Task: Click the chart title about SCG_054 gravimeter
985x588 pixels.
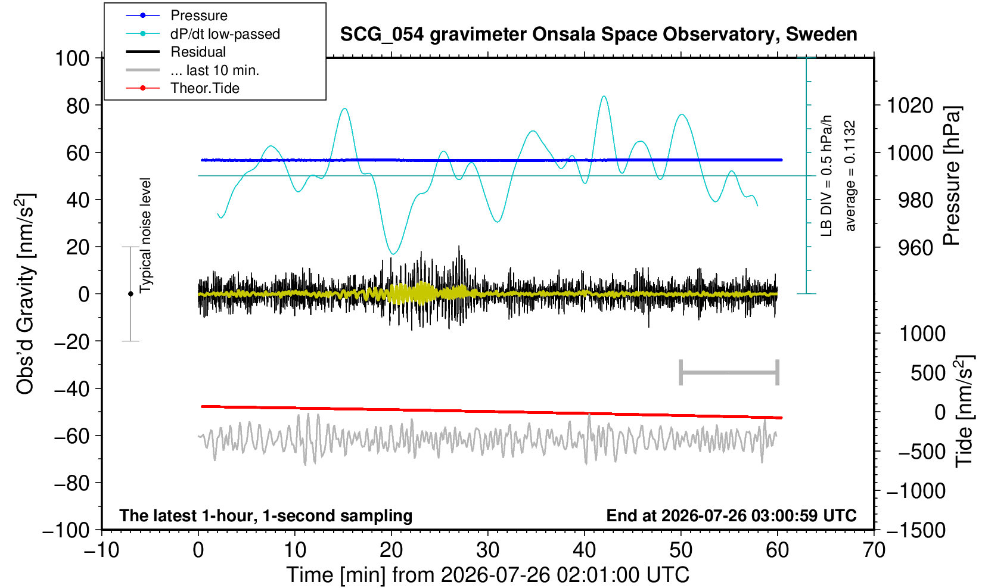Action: point(598,34)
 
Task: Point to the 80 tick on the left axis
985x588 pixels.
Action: point(78,105)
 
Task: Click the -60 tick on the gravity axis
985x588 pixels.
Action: point(72,436)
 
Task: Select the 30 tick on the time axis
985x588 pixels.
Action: point(487,550)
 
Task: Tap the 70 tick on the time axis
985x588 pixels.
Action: point(874,550)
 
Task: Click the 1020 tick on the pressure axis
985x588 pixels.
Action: point(910,105)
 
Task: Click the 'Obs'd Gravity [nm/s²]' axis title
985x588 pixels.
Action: point(25,294)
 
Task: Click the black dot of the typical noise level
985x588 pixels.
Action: point(130,294)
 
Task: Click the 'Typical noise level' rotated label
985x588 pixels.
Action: point(145,235)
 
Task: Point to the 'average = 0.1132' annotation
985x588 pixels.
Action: point(850,176)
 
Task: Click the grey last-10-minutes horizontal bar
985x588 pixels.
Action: point(729,372)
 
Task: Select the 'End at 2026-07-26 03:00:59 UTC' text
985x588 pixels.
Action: point(731,515)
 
